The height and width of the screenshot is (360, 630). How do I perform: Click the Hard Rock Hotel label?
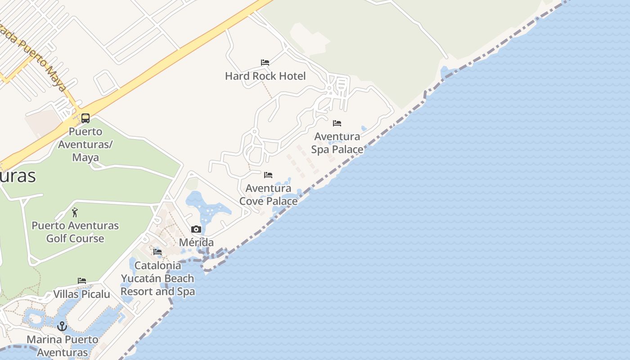click(265, 76)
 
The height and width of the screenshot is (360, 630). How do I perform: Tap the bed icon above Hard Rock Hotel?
click(265, 62)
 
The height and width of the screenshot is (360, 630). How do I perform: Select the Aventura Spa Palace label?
click(337, 143)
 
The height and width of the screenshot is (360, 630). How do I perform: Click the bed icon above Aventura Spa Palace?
click(337, 123)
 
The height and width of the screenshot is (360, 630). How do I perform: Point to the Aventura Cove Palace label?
click(268, 194)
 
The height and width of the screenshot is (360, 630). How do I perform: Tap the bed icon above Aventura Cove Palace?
click(268, 175)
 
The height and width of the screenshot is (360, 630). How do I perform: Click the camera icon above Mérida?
click(196, 229)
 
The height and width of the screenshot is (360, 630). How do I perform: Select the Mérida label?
click(196, 243)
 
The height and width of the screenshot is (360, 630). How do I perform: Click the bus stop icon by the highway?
click(85, 118)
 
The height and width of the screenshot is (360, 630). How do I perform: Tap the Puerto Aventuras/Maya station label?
click(85, 144)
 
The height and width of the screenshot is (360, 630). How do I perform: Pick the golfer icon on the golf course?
click(75, 212)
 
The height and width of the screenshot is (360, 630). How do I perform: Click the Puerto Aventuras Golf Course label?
click(75, 232)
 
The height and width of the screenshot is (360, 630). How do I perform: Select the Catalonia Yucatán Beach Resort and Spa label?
click(158, 279)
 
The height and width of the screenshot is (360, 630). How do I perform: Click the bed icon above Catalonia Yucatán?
click(157, 252)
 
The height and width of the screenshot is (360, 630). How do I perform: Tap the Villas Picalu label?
click(81, 294)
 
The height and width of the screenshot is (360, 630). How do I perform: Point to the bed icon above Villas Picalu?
click(81, 281)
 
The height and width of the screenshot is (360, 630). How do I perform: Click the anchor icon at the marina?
click(62, 326)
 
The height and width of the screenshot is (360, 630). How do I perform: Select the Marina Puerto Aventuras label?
click(63, 346)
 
